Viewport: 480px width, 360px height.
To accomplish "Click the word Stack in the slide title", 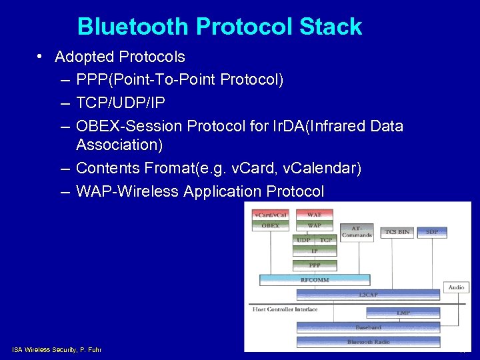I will click(x=331, y=27).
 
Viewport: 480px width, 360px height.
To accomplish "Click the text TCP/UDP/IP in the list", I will click(x=121, y=103).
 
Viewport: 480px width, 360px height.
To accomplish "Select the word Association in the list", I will click(x=119, y=145).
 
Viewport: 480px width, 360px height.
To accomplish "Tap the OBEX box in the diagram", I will click(x=270, y=226).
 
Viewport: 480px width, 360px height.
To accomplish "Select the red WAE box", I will click(x=314, y=215).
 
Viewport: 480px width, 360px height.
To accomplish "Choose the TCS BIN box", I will click(x=397, y=232).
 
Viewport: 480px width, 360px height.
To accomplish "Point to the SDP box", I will click(x=432, y=232).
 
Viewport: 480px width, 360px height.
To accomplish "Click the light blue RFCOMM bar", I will click(x=315, y=280).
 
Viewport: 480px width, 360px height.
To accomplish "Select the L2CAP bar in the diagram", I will click(x=367, y=294).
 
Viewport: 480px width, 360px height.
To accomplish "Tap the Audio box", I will click(x=456, y=287).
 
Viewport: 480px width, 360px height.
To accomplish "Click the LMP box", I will click(x=403, y=312).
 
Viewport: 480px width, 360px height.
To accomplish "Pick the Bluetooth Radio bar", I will click(x=368, y=342).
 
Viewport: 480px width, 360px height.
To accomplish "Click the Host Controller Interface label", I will click(x=285, y=309).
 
